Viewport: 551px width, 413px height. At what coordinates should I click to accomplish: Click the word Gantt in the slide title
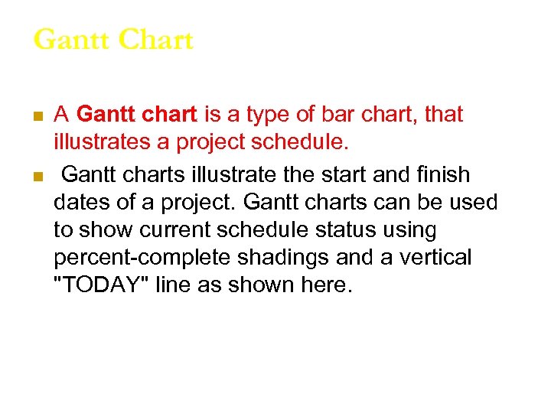69,40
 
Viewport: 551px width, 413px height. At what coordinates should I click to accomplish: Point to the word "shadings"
295,258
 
